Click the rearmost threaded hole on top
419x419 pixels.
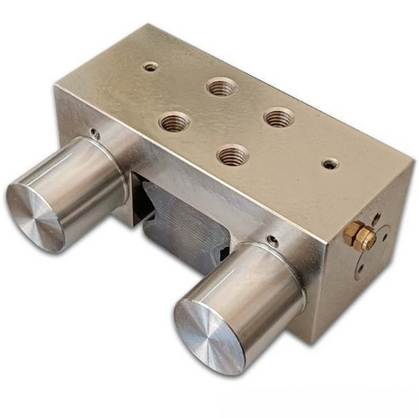pos(222,86)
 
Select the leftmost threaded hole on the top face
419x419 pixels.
pos(175,122)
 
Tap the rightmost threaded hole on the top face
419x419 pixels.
pos(278,116)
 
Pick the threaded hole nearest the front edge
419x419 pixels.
pos(232,156)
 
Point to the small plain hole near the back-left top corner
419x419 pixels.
pos(151,66)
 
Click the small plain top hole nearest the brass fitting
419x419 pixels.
pos(328,163)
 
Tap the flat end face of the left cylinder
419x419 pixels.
pos(36,213)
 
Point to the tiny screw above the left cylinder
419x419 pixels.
pos(94,134)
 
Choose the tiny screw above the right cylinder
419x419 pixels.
pos(273,241)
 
